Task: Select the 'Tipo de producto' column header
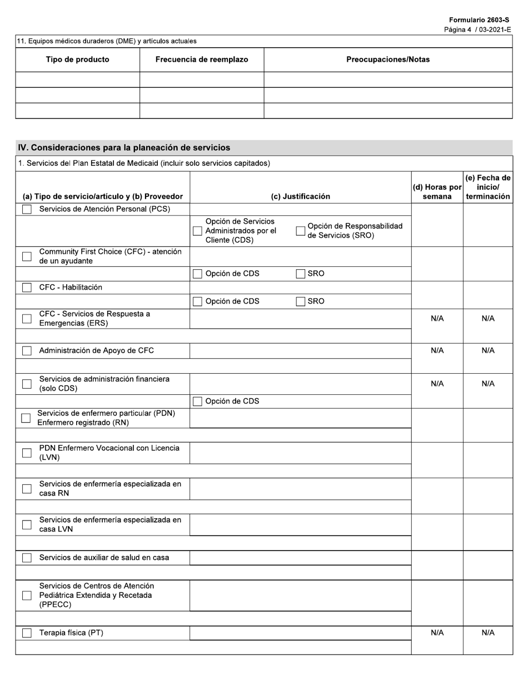click(x=77, y=60)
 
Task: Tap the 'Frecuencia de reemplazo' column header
click(x=202, y=60)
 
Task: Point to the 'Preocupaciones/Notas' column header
click(x=388, y=60)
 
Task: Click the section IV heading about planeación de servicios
click(x=124, y=147)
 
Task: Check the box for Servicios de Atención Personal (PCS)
click(x=27, y=209)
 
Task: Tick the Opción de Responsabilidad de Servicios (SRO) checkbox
click(x=301, y=231)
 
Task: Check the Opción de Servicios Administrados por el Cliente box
click(x=197, y=231)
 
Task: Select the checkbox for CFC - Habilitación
click(x=27, y=288)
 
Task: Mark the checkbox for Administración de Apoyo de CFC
click(x=27, y=351)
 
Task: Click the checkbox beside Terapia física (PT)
click(x=27, y=633)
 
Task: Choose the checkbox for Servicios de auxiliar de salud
click(x=27, y=558)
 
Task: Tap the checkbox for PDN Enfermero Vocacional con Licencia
click(x=27, y=453)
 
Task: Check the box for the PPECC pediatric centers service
click(x=27, y=596)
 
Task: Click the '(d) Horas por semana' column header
click(x=437, y=191)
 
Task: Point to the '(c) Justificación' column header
click(x=300, y=196)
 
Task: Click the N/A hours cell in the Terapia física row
click(x=437, y=633)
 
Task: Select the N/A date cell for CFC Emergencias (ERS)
click(x=487, y=319)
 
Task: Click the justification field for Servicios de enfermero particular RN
click(x=300, y=418)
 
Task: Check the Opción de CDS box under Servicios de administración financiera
click(x=197, y=402)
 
